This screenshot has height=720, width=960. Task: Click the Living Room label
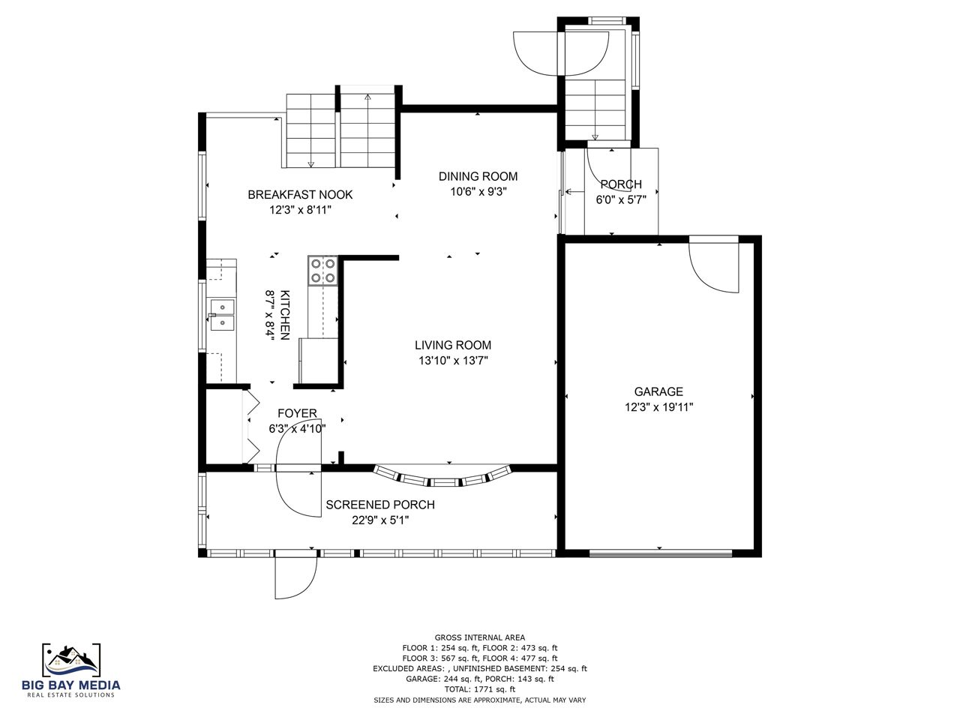pyautogui.click(x=453, y=345)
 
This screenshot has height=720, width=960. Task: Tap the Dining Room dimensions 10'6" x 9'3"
pyautogui.click(x=478, y=191)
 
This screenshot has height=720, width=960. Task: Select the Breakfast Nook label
pyautogui.click(x=300, y=194)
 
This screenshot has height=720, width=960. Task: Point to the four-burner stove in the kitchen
pyautogui.click(x=322, y=271)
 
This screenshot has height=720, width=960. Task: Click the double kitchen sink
pyautogui.click(x=223, y=315)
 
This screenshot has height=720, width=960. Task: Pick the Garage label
pyautogui.click(x=658, y=391)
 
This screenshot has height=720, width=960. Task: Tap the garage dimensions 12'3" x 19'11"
pyautogui.click(x=658, y=407)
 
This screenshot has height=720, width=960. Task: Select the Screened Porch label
pyautogui.click(x=380, y=505)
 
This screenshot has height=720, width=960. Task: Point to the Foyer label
pyautogui.click(x=297, y=413)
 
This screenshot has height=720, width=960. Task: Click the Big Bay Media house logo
pyautogui.click(x=71, y=661)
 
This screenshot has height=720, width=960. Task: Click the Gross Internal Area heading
pyautogui.click(x=480, y=637)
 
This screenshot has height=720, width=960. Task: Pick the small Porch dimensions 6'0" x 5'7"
pyautogui.click(x=621, y=199)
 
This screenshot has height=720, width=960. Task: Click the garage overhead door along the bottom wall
pyautogui.click(x=661, y=554)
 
